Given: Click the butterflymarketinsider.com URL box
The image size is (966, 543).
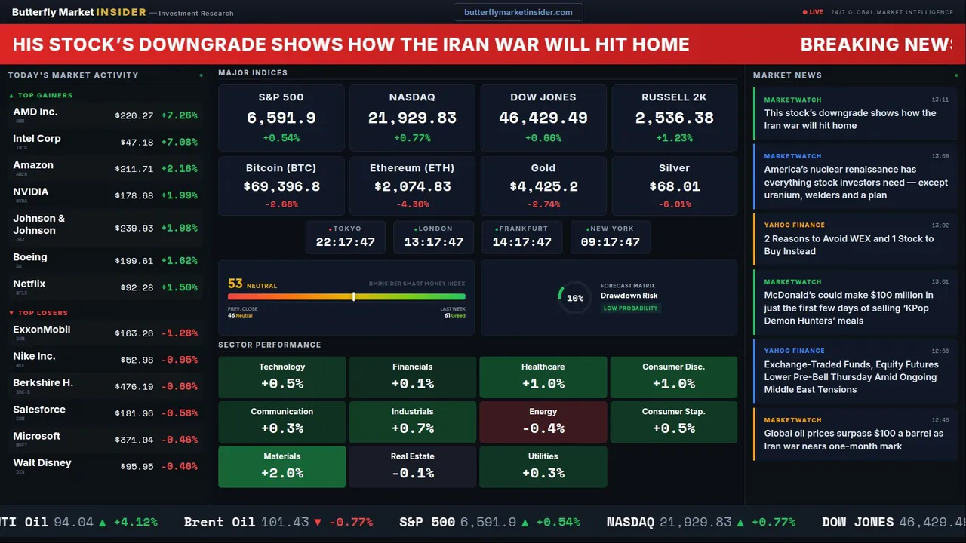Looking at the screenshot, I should (x=518, y=12).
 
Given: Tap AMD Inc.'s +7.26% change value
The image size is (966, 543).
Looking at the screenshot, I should (x=179, y=115).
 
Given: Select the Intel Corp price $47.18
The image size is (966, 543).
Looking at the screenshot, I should (x=137, y=142).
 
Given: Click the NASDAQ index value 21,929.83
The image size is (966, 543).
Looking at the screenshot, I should (x=412, y=118).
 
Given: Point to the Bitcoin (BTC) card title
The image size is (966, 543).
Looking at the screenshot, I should (x=281, y=168).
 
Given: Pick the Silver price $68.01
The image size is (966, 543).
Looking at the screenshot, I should (x=674, y=186).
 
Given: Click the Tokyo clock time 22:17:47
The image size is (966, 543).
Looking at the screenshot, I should (x=345, y=242).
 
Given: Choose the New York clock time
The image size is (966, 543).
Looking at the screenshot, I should (x=610, y=242).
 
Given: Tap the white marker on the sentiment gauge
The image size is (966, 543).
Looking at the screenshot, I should (x=353, y=296).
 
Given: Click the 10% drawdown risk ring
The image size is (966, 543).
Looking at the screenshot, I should (x=574, y=298).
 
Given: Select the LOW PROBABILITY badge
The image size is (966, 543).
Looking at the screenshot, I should (x=630, y=308).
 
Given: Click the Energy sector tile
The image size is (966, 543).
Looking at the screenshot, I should (x=543, y=422).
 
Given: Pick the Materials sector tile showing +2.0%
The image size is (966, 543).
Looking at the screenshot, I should (x=281, y=466).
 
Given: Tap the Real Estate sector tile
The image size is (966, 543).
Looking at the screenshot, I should (x=412, y=466).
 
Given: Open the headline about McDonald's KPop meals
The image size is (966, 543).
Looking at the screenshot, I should (x=848, y=308).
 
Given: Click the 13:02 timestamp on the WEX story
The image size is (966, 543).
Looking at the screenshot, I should (x=940, y=225).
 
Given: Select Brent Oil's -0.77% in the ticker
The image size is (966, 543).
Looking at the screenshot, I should (x=350, y=522).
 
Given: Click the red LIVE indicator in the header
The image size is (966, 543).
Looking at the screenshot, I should (x=813, y=12).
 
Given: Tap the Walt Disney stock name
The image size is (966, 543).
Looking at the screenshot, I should (x=42, y=463).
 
